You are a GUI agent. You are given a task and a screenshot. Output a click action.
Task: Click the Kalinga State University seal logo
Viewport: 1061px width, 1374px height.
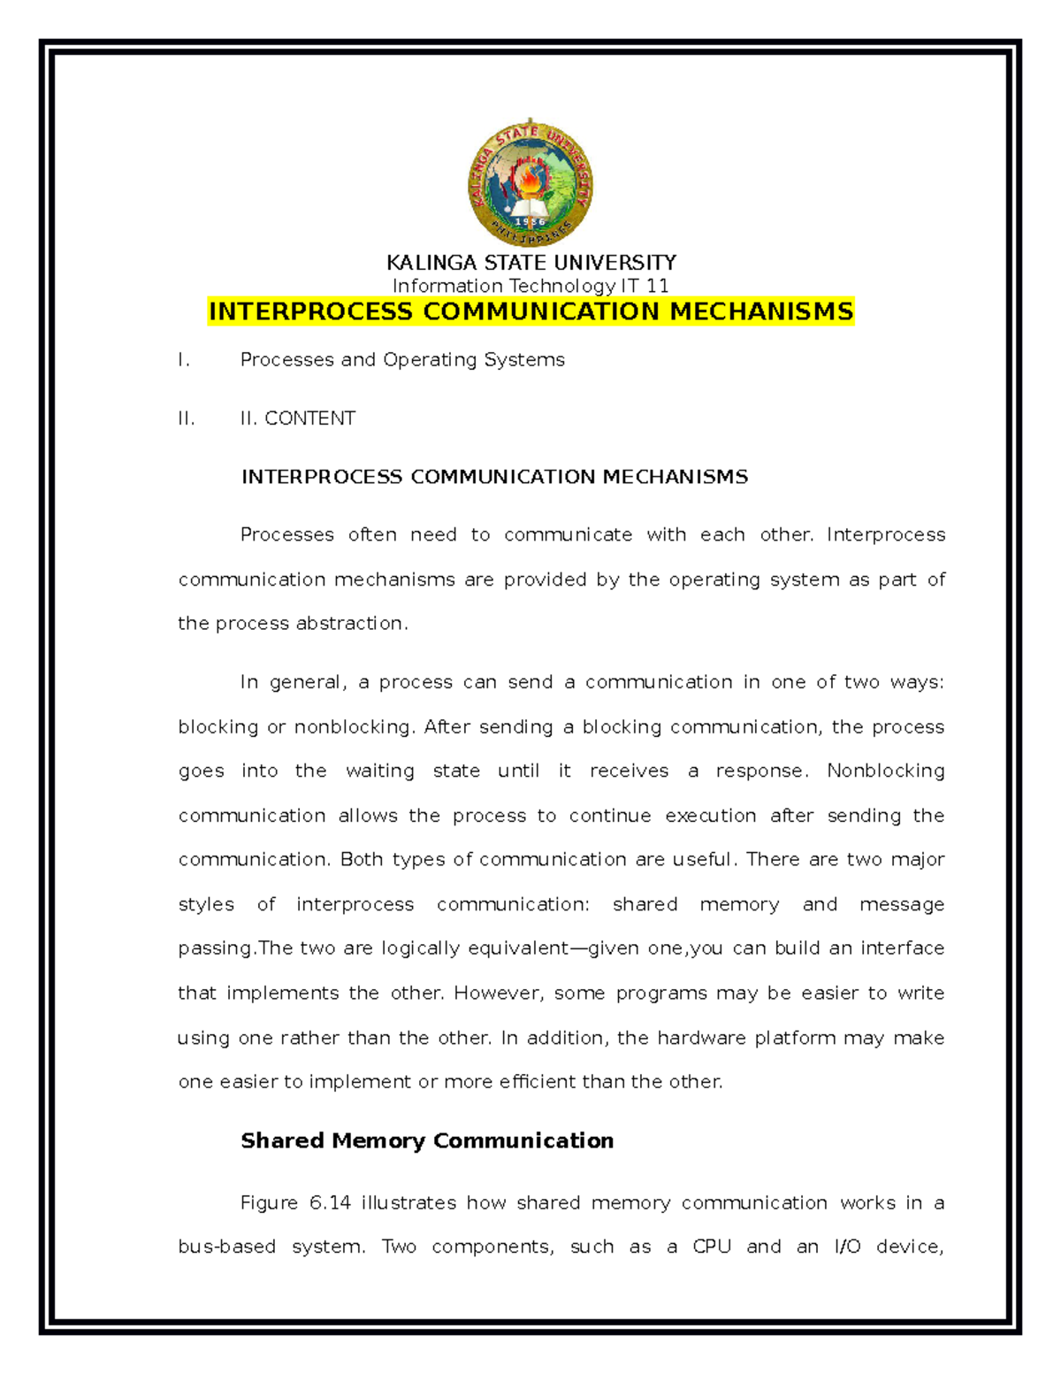[x=530, y=184]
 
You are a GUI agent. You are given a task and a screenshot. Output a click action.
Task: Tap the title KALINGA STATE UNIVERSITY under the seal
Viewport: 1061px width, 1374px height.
[x=530, y=263]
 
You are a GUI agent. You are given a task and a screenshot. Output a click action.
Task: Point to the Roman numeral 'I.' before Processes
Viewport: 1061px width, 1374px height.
[x=183, y=360]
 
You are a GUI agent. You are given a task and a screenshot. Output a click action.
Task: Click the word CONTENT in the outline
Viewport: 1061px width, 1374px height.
[x=309, y=418]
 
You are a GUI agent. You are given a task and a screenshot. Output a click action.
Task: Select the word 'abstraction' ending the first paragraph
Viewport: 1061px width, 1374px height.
[x=349, y=624]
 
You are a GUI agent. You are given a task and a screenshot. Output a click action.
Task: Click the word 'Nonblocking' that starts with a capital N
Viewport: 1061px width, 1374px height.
[x=885, y=771]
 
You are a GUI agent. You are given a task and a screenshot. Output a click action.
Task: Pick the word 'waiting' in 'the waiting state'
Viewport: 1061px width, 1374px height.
[x=380, y=771]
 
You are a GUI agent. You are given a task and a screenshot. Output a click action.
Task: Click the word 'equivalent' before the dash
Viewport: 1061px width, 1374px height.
[x=518, y=948]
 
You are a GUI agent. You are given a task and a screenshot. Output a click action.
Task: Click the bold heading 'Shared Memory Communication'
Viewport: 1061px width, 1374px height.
[x=427, y=1140]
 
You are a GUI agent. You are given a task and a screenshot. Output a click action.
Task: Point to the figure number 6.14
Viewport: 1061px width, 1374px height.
[x=331, y=1203]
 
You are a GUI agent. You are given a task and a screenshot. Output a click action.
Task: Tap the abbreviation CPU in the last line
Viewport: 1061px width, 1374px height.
[x=712, y=1247]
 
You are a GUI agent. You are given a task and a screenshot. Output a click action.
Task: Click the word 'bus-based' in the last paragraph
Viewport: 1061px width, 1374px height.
[x=226, y=1247]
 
